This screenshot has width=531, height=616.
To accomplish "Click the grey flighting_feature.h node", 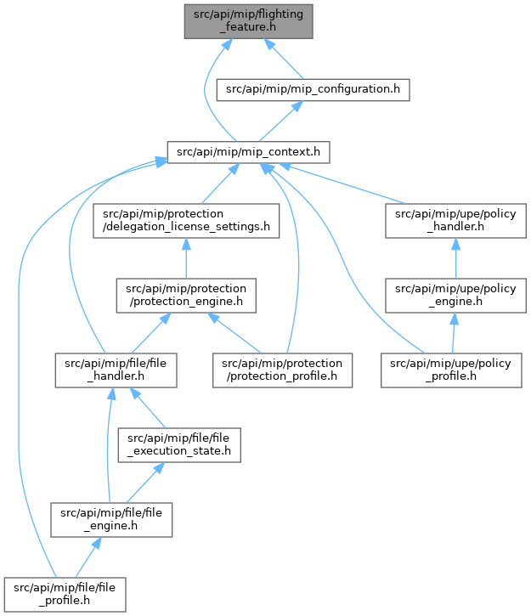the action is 249,21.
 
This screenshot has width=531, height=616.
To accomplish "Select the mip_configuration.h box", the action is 313,89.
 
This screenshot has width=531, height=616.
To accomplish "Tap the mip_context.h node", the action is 248,152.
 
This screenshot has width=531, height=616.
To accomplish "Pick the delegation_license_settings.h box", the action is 186,220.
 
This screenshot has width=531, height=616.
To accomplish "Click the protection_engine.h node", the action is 186,296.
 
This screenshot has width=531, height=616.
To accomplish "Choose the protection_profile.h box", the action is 282,370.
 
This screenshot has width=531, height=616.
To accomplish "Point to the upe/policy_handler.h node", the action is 455,220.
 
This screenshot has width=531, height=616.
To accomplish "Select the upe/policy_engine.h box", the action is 455,296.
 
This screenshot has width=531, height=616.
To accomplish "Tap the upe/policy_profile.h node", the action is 451,370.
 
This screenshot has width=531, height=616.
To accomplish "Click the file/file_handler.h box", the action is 116,370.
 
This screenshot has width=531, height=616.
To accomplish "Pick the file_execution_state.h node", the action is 179,444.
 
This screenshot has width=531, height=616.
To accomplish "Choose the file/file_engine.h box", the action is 111,520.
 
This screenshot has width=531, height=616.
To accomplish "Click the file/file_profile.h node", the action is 65,595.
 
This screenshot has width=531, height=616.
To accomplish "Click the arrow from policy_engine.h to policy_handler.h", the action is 455,258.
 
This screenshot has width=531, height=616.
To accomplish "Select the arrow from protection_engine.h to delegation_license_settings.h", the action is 186,258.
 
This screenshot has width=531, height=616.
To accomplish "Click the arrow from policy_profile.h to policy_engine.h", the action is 454,333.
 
